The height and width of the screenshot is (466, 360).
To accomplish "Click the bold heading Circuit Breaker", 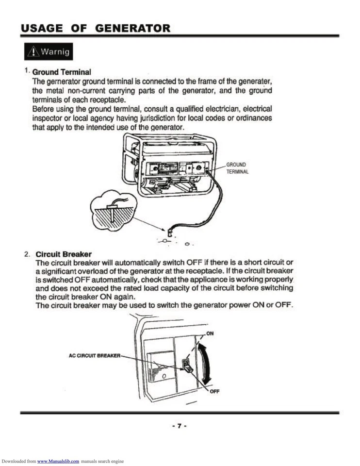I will click(64, 254).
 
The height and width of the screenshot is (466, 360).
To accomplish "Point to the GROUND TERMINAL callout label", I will click(237, 168).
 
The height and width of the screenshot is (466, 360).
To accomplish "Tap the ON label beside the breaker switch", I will click(210, 333).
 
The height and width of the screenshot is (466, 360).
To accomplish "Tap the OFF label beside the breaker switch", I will click(214, 392).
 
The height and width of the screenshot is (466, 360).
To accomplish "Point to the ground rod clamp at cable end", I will click(170, 226).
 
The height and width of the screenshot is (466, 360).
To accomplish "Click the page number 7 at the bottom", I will click(179, 426).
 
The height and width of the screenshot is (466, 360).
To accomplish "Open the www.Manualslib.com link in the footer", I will click(58, 461).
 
